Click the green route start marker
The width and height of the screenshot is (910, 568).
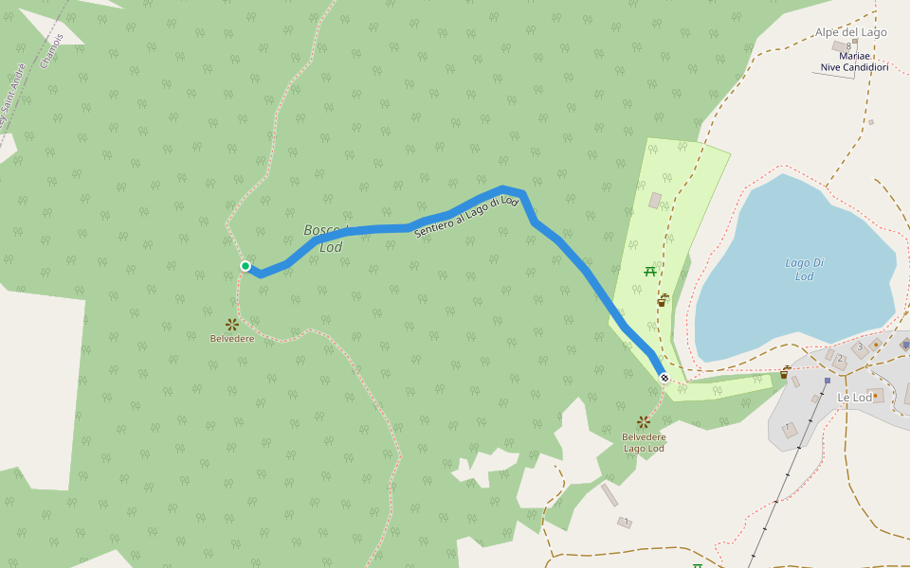pos(246,266)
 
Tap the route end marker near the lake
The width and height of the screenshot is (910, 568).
pos(664,378)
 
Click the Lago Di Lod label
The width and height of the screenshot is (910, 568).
pos(804,270)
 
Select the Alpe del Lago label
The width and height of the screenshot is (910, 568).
pos(850,32)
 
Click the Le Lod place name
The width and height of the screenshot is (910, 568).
pos(854,398)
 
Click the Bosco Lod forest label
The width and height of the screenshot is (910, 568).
pos(324,239)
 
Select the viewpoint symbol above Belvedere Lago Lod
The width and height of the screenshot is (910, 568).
pos(644,421)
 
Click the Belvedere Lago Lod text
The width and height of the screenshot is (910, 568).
pos(644,442)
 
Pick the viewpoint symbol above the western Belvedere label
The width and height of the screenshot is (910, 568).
pos(231,325)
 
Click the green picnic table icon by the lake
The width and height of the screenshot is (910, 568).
pos(650,272)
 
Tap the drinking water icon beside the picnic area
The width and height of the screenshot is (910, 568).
pos(663,300)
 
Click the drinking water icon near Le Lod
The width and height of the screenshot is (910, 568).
pos(785,372)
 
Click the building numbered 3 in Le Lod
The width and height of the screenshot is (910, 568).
pos(861,347)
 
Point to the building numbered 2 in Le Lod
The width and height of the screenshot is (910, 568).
pos(840,359)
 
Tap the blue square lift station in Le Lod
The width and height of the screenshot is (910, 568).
pos(827,381)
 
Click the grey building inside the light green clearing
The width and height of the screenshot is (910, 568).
pos(655,201)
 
